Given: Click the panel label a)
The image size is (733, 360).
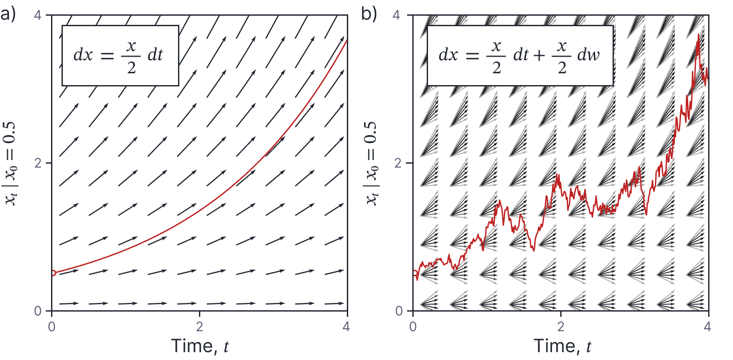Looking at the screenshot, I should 8,14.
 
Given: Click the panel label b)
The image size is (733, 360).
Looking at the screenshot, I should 369,14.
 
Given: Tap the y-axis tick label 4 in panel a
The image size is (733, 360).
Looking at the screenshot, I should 38,15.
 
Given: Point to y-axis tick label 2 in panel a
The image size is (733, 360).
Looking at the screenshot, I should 38,163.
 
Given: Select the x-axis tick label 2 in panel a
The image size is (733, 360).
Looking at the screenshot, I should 199,326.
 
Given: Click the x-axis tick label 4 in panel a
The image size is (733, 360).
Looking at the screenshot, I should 346,326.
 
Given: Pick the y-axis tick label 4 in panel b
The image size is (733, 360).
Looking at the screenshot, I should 396,15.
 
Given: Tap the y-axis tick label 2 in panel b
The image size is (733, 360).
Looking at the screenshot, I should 397,163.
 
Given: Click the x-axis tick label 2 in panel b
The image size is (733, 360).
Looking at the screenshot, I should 561,326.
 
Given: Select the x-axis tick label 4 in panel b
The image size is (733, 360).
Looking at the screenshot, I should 707,326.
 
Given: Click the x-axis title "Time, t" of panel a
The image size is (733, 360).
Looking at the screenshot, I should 199,346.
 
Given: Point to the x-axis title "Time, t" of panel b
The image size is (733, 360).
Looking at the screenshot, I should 562,346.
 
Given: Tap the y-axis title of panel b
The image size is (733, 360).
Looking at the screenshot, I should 372,163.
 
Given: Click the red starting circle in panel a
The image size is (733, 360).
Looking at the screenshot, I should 53,273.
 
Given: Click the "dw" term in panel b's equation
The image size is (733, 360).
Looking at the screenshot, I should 588,55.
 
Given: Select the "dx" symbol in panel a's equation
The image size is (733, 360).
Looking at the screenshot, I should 83,55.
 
